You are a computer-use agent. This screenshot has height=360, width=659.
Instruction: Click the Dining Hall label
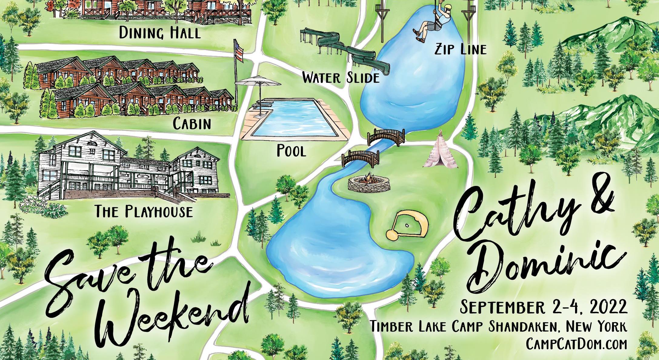click(x=160, y=33)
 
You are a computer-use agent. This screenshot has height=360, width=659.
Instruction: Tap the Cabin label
click(x=192, y=124)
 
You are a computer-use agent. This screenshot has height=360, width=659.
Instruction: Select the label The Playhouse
click(x=144, y=211)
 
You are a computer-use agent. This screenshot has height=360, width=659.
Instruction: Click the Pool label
click(x=291, y=151)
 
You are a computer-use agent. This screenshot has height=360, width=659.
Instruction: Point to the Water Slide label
click(x=341, y=78)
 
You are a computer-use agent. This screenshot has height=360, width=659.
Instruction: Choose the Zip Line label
click(x=461, y=49)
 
